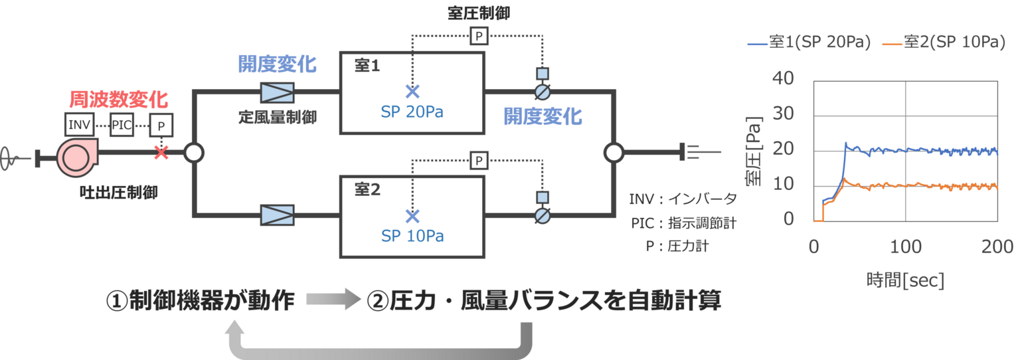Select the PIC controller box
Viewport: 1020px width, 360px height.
click(x=122, y=124)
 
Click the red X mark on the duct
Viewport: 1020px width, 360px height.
click(x=161, y=153)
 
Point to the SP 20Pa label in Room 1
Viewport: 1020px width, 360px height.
click(x=412, y=112)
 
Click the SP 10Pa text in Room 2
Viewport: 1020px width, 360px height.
click(x=412, y=236)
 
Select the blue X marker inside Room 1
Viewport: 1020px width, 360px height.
click(x=412, y=91)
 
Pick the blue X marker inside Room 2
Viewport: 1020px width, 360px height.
click(x=412, y=215)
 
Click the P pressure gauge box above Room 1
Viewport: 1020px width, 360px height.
click(x=479, y=36)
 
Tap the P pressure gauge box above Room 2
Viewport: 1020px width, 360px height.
click(x=479, y=159)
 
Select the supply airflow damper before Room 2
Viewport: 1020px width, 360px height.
click(x=277, y=215)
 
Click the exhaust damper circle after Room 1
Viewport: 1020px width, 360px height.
click(x=543, y=92)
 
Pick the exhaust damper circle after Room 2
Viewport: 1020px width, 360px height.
click(x=543, y=215)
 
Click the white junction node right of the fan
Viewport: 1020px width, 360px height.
click(x=193, y=153)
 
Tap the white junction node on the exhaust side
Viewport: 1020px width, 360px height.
click(x=614, y=153)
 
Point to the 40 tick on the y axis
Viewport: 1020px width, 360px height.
click(x=784, y=78)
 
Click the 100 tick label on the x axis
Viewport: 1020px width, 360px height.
click(x=906, y=247)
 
